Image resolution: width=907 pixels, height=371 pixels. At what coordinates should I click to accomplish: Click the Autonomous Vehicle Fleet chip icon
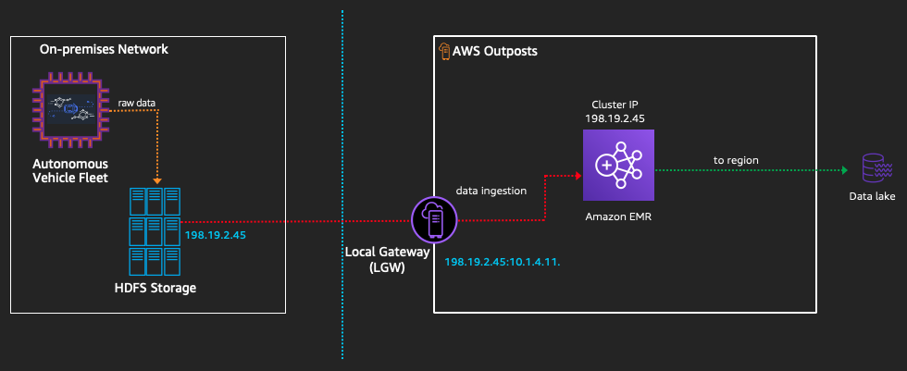click(69, 110)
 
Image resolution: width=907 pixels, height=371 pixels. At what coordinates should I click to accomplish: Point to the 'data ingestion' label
click(491, 191)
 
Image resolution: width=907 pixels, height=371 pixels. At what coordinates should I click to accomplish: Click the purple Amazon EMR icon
click(617, 165)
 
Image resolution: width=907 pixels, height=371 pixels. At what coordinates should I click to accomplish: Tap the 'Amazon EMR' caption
click(617, 215)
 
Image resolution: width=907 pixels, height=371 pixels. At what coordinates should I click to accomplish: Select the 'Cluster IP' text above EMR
click(617, 104)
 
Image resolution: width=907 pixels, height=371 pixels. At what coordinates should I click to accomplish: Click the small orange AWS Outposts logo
click(443, 51)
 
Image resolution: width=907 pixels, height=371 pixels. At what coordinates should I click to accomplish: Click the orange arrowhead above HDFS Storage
click(158, 179)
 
